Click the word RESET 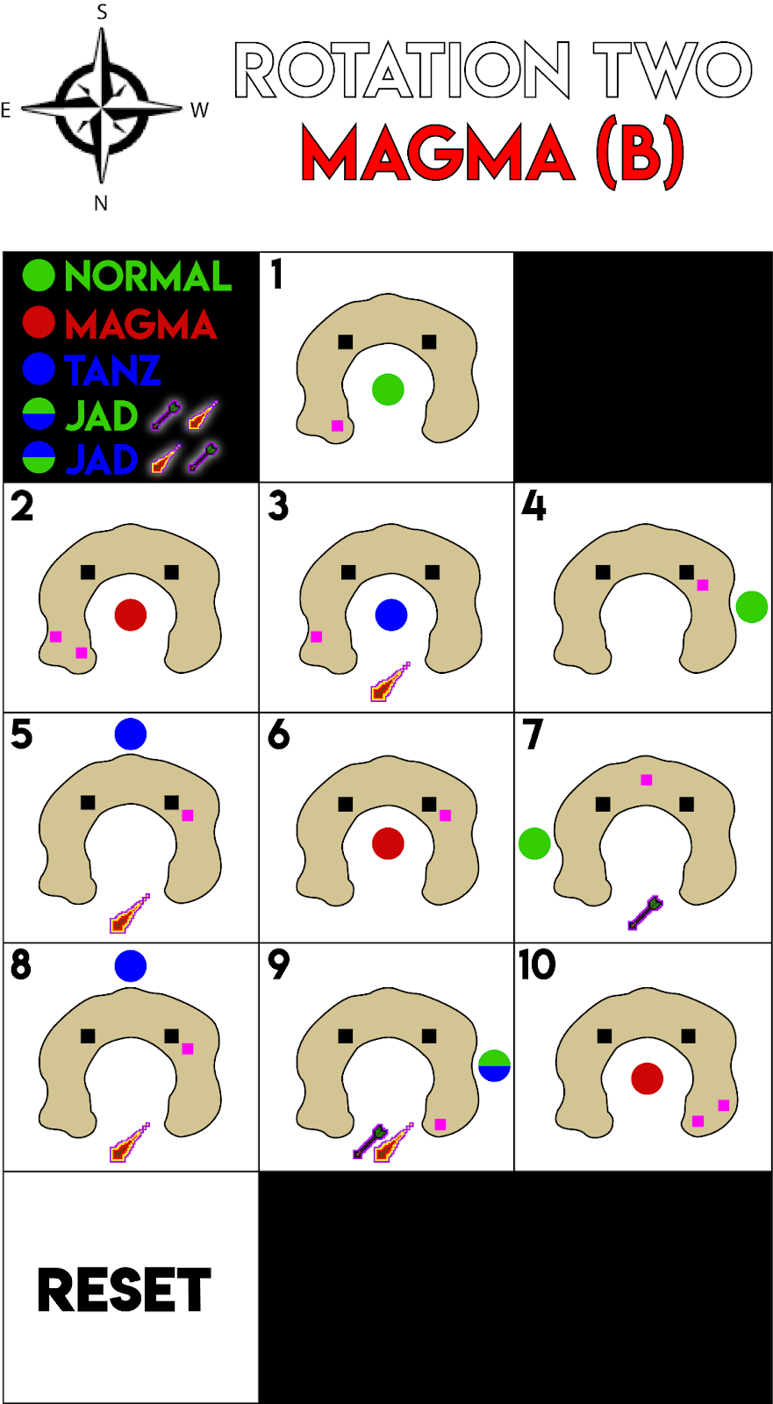click(x=125, y=1290)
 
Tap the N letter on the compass click(x=101, y=204)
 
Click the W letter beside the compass click(x=200, y=111)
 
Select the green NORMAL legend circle click(x=39, y=276)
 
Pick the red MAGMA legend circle click(x=39, y=322)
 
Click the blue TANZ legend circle click(x=39, y=369)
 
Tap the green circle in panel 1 click(x=388, y=389)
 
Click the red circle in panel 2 click(x=131, y=615)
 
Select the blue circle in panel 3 click(x=390, y=615)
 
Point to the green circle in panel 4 click(x=752, y=606)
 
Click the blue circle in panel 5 click(x=131, y=734)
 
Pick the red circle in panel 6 click(x=388, y=843)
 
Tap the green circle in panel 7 click(x=534, y=843)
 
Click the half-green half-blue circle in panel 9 click(x=494, y=1065)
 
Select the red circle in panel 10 click(x=647, y=1078)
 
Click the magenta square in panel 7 click(x=647, y=780)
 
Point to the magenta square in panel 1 click(x=337, y=426)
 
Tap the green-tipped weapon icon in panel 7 click(x=645, y=913)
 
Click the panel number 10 click(x=537, y=965)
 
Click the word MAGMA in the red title click(x=438, y=153)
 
